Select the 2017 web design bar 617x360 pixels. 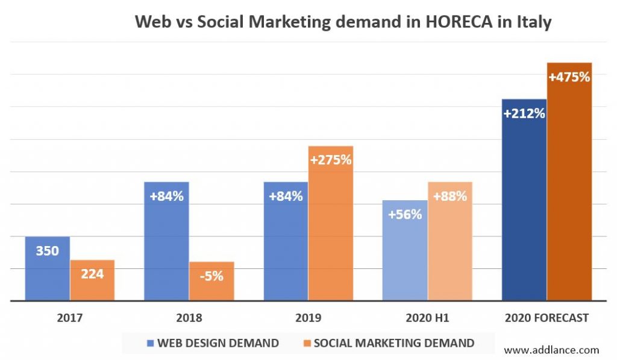[47, 271]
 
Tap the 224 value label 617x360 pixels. [92, 274]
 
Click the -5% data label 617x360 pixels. [211, 276]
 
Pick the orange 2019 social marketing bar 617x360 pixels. [330, 241]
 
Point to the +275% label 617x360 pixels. [330, 160]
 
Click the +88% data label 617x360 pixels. [449, 196]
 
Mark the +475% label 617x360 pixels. [569, 77]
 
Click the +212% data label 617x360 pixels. [524, 113]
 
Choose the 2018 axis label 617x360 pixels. [189, 318]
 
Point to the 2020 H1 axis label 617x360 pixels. [427, 318]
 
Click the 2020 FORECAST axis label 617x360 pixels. [547, 318]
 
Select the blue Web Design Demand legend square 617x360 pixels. [151, 343]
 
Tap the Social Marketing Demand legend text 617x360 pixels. [394, 343]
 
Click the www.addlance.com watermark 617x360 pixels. [551, 350]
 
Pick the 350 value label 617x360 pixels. [47, 250]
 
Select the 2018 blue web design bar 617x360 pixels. [167, 253]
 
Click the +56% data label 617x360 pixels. [405, 214]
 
